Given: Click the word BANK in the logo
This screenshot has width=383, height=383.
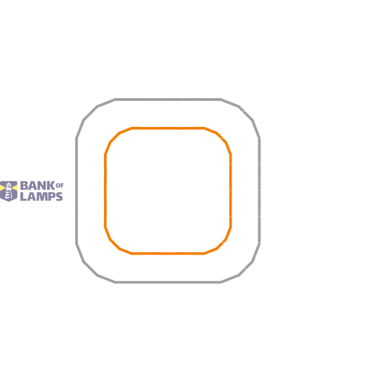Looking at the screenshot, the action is click(38, 186).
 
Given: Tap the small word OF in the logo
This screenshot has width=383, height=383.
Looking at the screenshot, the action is click(60, 186).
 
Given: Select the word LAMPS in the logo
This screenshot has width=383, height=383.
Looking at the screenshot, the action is click(41, 197).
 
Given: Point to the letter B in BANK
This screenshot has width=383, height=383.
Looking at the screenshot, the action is click(24, 186).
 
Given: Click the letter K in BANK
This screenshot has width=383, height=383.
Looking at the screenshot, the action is click(51, 186).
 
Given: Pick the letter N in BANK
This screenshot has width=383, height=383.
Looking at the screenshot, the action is click(41, 186).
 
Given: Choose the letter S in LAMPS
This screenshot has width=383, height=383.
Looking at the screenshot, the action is click(59, 197).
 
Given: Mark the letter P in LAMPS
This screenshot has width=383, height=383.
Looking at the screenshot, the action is click(52, 197).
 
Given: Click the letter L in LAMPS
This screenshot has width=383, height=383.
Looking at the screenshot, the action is click(24, 197).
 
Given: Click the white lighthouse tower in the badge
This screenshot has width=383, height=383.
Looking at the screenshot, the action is click(8, 191).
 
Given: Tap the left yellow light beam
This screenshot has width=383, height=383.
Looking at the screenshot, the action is click(3, 188).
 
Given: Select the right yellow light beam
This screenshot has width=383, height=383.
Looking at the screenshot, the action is click(15, 188).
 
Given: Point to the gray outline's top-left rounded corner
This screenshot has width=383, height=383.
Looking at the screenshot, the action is click(91, 113).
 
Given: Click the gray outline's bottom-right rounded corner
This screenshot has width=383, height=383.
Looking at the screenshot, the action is click(246, 269).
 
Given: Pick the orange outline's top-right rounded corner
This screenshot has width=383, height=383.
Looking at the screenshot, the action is click(222, 137).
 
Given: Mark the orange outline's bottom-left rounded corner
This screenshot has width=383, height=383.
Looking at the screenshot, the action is click(114, 244).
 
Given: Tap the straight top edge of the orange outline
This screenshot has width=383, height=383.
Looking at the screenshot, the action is click(168, 128).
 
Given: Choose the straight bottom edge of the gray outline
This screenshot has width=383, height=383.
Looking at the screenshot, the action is click(168, 282).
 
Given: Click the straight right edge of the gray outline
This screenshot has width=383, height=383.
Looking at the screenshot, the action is click(259, 191).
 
